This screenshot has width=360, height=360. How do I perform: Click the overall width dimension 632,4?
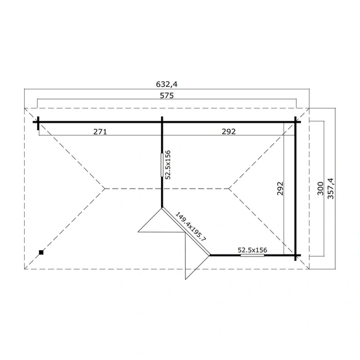point(166,84)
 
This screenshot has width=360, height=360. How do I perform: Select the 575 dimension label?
point(167,96)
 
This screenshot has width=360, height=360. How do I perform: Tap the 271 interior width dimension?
point(100,132)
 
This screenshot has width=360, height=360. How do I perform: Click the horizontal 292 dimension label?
point(229,131)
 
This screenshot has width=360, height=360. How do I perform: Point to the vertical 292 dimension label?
point(280,189)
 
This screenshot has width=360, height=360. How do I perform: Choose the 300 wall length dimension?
point(321,189)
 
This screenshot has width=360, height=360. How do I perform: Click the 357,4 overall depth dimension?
point(331,189)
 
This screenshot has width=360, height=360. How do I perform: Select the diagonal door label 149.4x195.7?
point(191,227)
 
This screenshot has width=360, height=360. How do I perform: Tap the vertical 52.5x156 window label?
point(168,165)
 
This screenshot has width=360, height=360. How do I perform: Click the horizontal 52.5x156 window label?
point(253,250)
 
